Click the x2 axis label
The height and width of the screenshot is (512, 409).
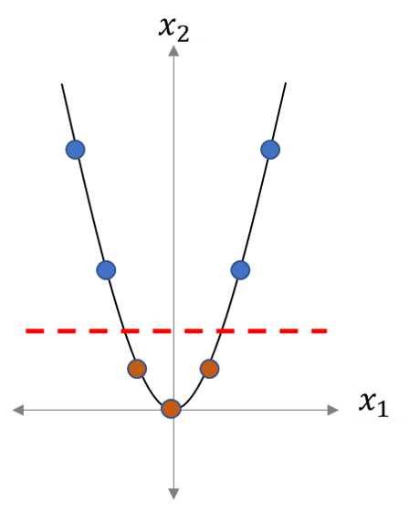pos(173,29)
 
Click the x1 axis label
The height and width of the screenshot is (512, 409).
pos(373,404)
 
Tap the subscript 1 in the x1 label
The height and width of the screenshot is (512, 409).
pos(383,409)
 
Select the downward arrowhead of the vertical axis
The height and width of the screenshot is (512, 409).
pos(173,494)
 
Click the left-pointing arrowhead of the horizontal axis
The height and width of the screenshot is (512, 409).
pos(18,410)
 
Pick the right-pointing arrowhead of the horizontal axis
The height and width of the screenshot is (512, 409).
pos(333,410)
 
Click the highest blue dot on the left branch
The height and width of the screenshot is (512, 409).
pos(76,150)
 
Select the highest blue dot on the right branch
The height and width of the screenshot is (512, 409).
pos(270,150)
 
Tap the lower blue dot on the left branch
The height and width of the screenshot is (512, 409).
pos(106,270)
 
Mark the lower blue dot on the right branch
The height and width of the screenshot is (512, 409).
pos(240,270)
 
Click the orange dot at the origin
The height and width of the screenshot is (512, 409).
pos(172,409)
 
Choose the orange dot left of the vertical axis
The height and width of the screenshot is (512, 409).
pos(137,369)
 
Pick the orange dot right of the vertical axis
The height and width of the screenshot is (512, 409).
pos(209,369)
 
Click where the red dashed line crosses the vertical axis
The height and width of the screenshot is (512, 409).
pos(173,331)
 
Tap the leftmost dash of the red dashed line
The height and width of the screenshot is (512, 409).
pos(35,331)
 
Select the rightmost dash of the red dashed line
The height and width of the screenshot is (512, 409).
pos(320,331)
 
